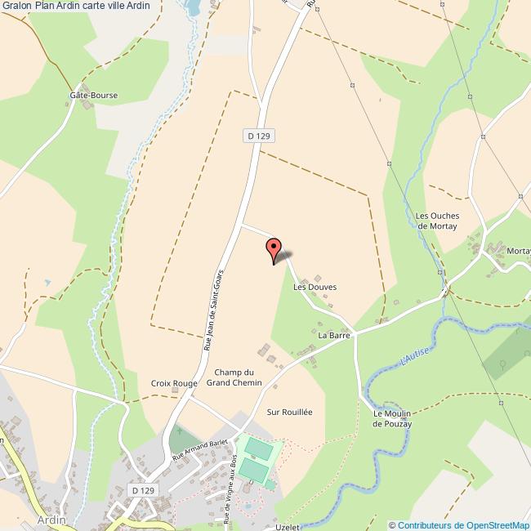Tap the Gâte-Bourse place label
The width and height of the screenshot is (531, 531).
click(93, 95)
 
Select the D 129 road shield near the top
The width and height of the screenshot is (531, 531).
click(257, 136)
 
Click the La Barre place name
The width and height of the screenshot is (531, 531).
click(334, 335)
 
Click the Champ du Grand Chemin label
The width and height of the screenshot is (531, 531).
click(234, 377)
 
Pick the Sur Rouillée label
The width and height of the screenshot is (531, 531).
click(289, 413)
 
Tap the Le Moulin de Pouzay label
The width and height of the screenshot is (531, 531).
click(390, 418)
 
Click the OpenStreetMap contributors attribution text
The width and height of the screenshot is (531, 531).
click(458, 524)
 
